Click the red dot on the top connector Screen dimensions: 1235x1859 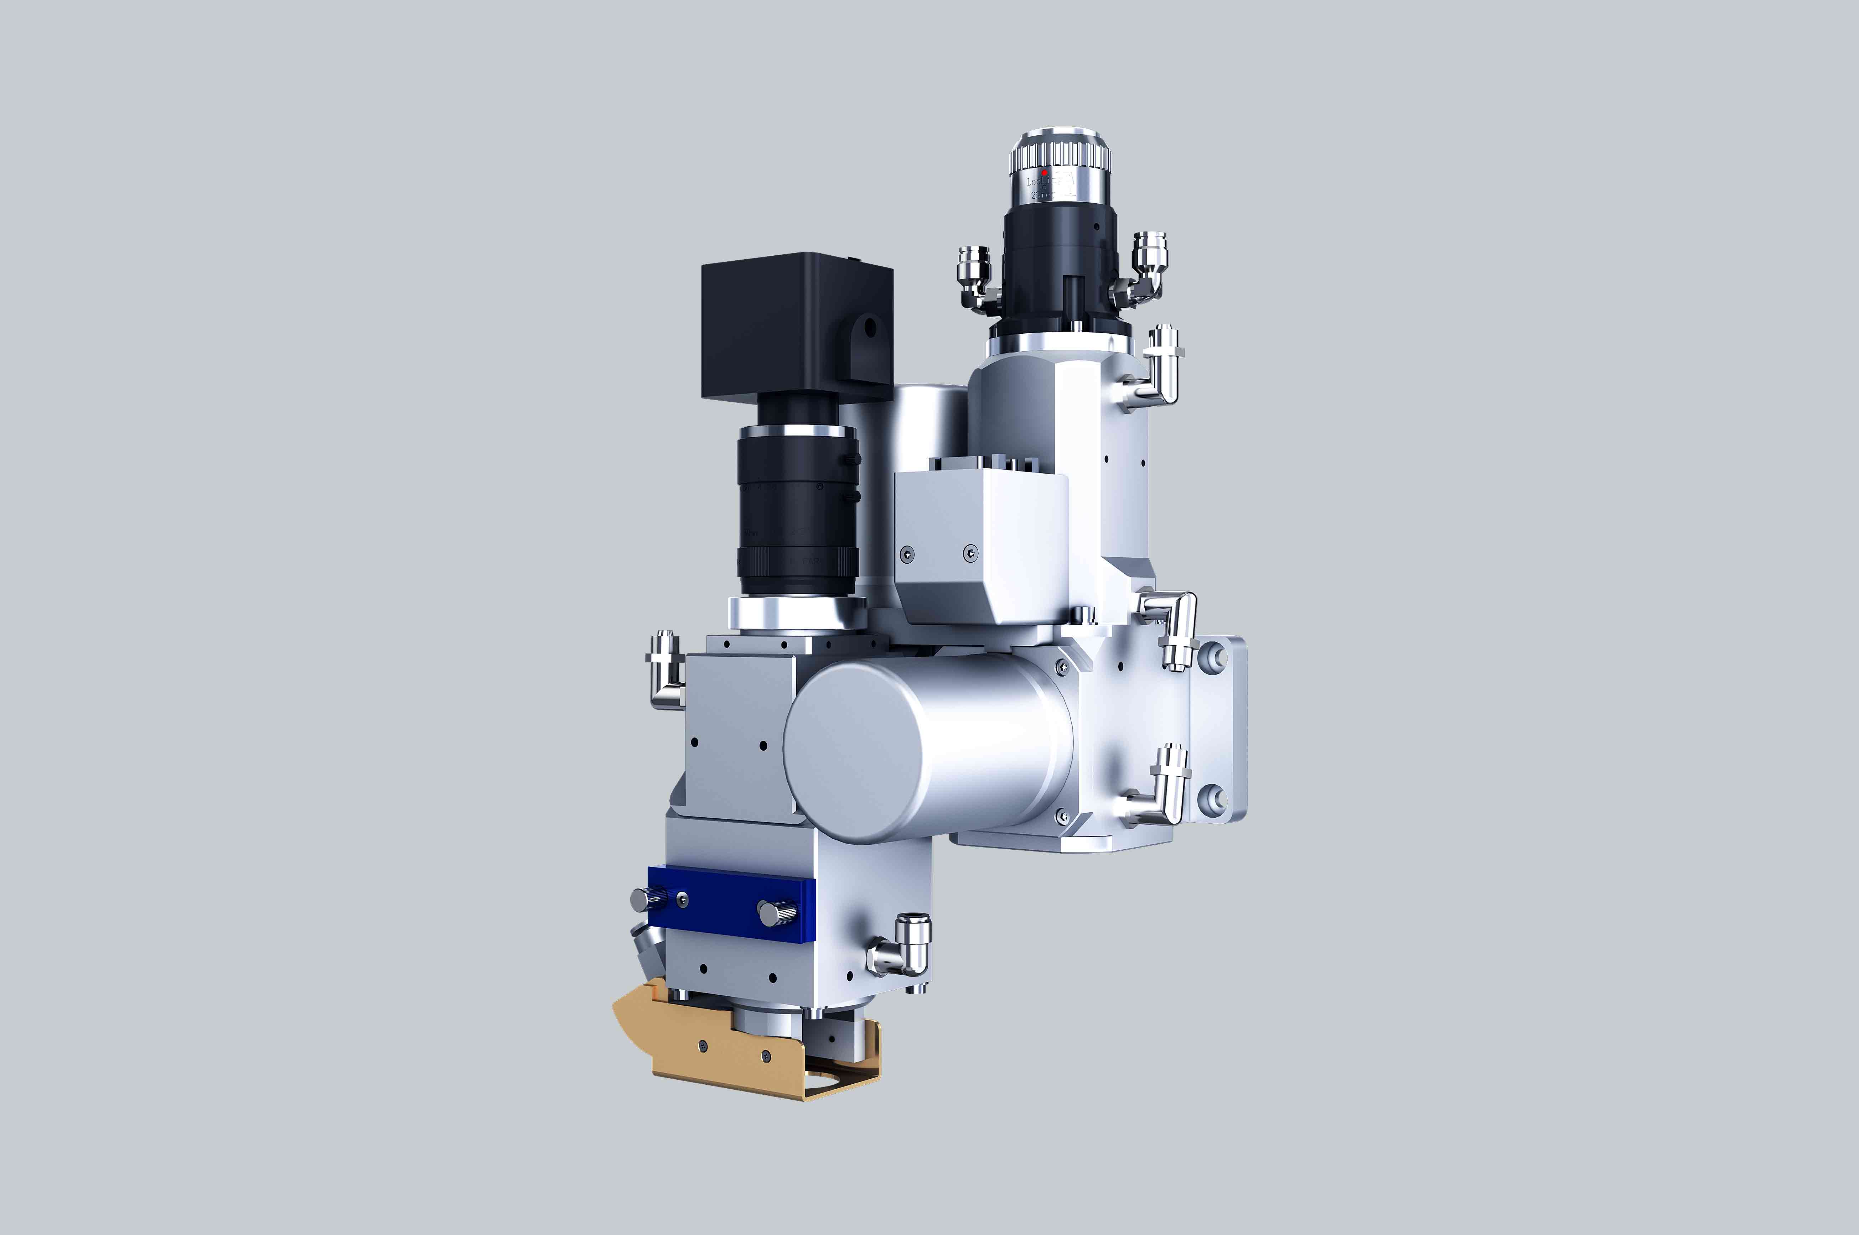pos(1045,172)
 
